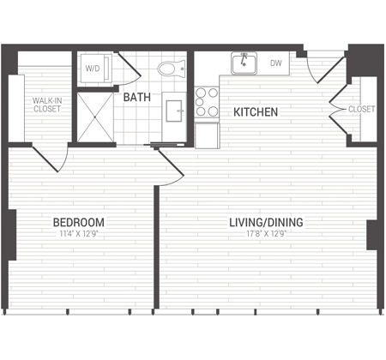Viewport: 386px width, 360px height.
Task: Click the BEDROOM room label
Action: tap(79, 222)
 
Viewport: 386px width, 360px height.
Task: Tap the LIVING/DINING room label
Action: tap(266, 222)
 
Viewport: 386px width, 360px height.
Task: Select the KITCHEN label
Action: tap(256, 112)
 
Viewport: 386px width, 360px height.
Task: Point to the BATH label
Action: tap(137, 97)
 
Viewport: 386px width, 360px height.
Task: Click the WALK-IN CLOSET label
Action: tap(47, 105)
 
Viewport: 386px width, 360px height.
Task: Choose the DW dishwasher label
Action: tap(276, 63)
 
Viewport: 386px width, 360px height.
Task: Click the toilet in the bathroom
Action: tap(171, 69)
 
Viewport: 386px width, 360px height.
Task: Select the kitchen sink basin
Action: tap(244, 63)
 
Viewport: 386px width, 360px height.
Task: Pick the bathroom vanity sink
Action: tap(174, 111)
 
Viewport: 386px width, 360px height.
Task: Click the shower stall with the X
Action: tap(95, 117)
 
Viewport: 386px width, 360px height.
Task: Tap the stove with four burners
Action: tap(207, 102)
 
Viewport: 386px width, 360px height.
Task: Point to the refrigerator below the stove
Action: tap(208, 135)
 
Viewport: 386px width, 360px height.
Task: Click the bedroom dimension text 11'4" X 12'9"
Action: tap(79, 234)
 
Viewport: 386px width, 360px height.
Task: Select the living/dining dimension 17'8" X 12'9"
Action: tap(266, 234)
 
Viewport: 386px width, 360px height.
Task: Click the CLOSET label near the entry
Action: tap(361, 109)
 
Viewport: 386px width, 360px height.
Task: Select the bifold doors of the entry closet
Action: tap(338, 109)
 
